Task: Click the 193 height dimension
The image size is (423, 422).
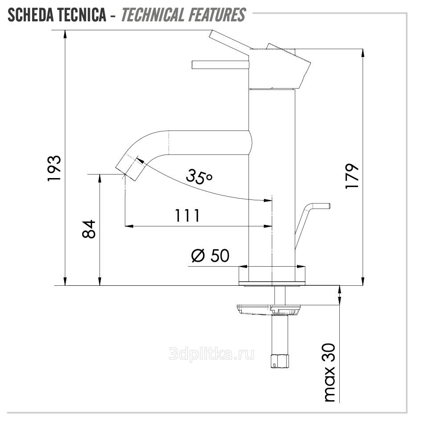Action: pos(54,168)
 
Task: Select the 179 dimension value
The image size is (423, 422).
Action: pos(352,176)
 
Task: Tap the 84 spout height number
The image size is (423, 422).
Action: pos(89,229)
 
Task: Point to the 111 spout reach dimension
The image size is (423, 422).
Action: pos(187,215)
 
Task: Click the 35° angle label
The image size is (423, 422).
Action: pos(199,177)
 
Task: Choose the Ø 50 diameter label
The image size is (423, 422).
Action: pos(211,256)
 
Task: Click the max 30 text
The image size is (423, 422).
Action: pos(329,373)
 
